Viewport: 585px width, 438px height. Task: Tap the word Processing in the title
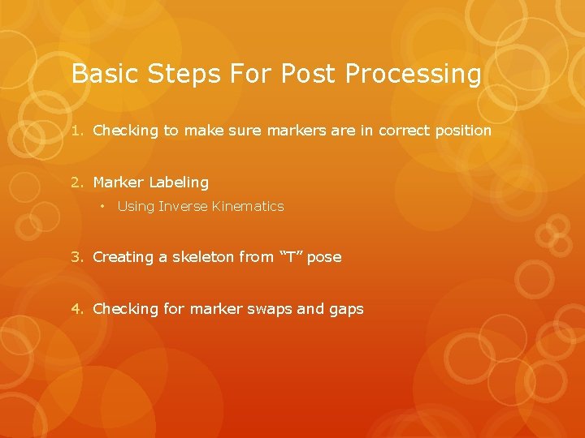tap(414, 74)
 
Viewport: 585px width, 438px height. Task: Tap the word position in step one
tap(463, 131)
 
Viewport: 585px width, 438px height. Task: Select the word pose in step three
tap(324, 257)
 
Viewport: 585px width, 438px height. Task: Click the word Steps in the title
tap(171, 74)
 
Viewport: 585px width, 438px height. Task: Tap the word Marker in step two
tap(119, 182)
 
